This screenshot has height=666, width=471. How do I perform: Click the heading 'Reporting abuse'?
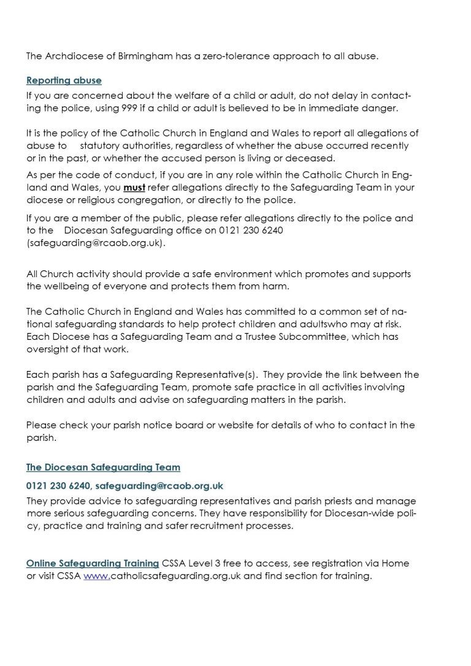[64, 80]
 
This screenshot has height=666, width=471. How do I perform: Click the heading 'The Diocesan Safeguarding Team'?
[103, 467]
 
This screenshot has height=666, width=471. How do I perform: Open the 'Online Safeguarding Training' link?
[93, 563]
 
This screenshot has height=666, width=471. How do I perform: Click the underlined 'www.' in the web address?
[96, 576]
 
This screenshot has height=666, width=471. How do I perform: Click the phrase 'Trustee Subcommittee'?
[304, 337]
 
